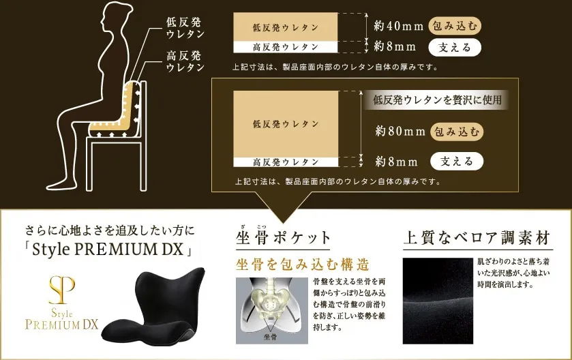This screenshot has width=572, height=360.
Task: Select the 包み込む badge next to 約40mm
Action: click(x=456, y=26)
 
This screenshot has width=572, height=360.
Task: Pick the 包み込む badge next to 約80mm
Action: click(x=457, y=131)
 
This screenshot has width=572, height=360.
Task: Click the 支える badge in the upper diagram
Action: click(x=455, y=47)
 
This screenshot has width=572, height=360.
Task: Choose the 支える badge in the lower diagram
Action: click(x=457, y=162)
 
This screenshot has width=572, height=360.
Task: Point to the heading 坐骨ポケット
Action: click(x=283, y=238)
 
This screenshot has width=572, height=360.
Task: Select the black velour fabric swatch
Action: click(x=437, y=300)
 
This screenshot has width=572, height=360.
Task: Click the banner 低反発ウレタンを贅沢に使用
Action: click(x=437, y=100)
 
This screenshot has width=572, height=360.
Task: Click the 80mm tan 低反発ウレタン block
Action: click(x=286, y=123)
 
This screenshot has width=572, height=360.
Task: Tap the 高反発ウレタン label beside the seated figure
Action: click(x=185, y=61)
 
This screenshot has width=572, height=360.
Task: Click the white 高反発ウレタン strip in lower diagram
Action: click(x=286, y=162)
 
